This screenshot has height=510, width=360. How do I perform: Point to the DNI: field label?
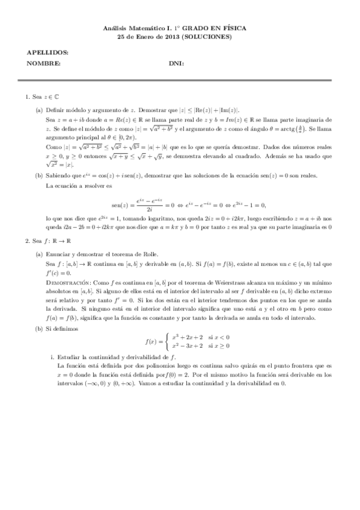pyautogui.click(x=176, y=64)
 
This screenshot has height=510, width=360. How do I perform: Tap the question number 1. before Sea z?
pyautogui.click(x=27, y=96)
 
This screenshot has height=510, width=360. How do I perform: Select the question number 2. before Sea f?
pyautogui.click(x=27, y=241)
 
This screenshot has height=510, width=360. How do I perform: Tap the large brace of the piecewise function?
pyautogui.click(x=165, y=342)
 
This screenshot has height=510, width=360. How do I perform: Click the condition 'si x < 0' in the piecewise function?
pyautogui.click(x=219, y=337)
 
